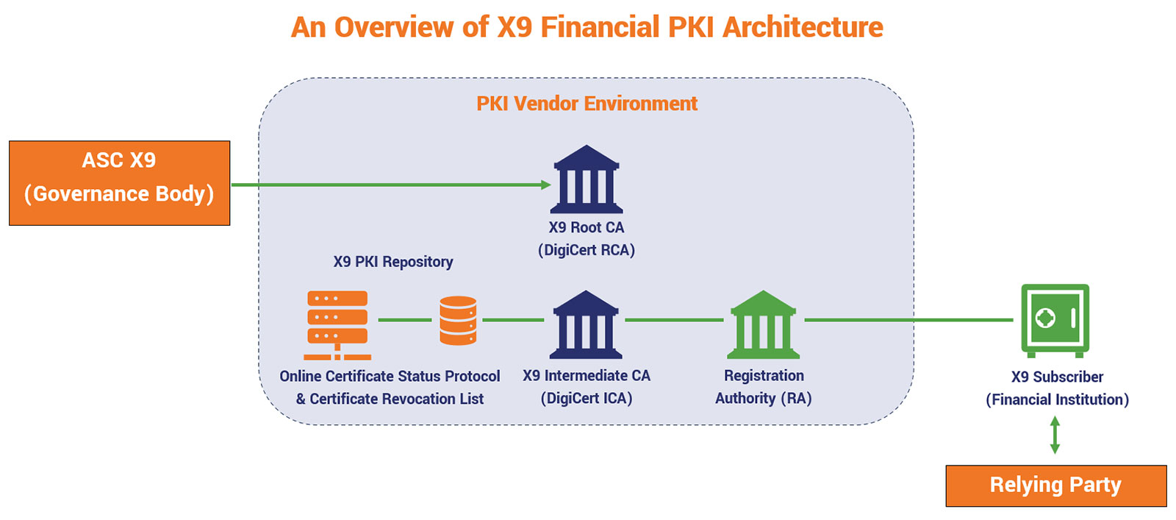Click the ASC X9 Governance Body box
coord(119,182)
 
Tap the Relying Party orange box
coord(1055,485)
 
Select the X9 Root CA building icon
coord(587,179)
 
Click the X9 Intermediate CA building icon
coord(586,324)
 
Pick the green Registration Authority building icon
coord(763,324)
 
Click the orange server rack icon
coord(337,324)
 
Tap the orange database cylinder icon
coord(458,320)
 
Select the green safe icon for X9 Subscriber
coord(1055,320)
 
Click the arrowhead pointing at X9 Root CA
coord(546,185)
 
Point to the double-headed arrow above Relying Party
coord(1055,435)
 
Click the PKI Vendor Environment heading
coord(587,104)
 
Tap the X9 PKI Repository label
coord(393,262)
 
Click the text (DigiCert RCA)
coord(587,250)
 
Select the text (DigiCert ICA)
coord(587,398)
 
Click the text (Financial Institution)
coord(1057,399)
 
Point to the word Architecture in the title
coord(803,27)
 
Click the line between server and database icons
coord(404,320)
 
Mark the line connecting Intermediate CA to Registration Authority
coord(674,320)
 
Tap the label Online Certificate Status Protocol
coord(390,376)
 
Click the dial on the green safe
coord(1045,318)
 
